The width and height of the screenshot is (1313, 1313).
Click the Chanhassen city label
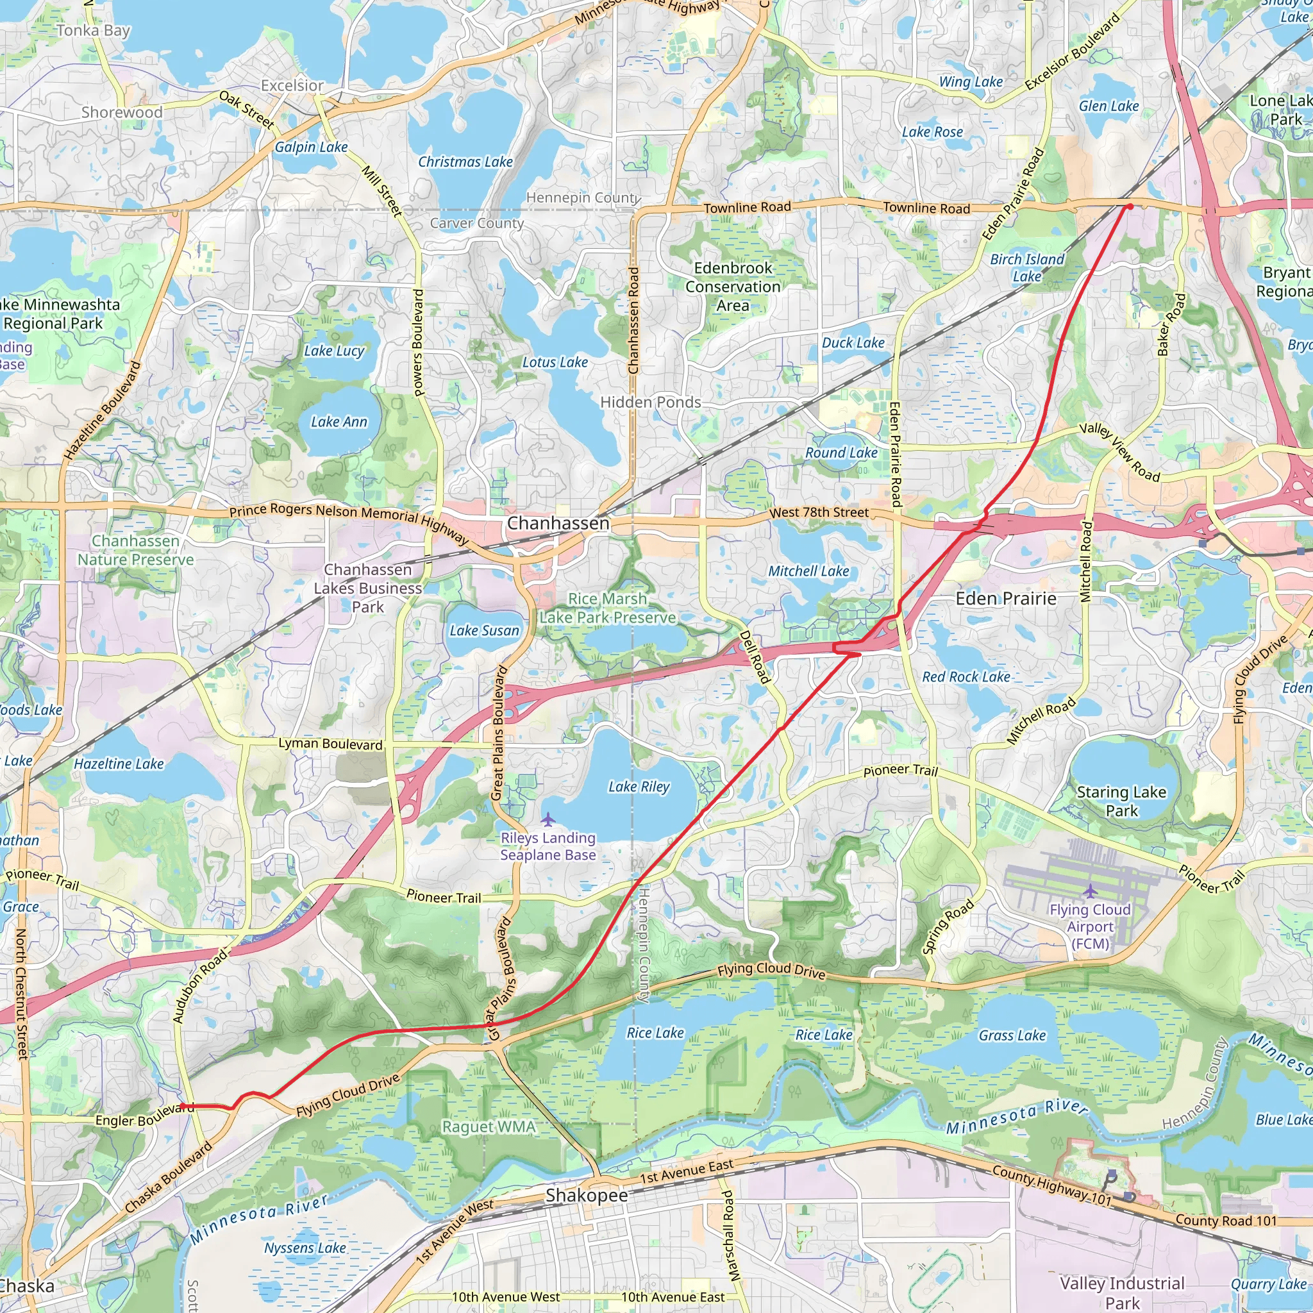click(x=558, y=523)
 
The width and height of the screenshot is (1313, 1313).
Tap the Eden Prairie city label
click(x=1006, y=599)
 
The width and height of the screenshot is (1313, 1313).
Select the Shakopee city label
click(x=587, y=1196)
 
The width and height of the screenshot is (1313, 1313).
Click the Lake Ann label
click(x=339, y=422)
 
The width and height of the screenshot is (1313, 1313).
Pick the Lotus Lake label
click(x=555, y=362)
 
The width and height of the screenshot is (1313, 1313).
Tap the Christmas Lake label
click(x=465, y=162)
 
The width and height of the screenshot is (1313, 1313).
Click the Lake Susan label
click(x=484, y=631)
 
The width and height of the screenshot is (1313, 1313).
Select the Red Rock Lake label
click(x=966, y=677)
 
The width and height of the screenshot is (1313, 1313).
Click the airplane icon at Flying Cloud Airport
click(x=1090, y=891)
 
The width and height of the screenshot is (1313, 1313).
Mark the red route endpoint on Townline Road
click(x=1130, y=206)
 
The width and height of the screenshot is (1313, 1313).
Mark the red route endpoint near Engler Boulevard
click(x=182, y=1107)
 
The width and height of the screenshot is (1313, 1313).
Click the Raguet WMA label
click(x=489, y=1127)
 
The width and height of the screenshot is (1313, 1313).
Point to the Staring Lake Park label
click(x=1121, y=801)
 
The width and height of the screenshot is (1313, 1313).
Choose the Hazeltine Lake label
click(x=119, y=764)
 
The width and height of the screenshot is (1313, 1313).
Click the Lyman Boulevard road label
click(x=330, y=744)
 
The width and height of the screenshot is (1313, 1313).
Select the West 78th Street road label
click(x=819, y=512)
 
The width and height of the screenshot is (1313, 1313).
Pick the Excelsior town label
click(x=292, y=86)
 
